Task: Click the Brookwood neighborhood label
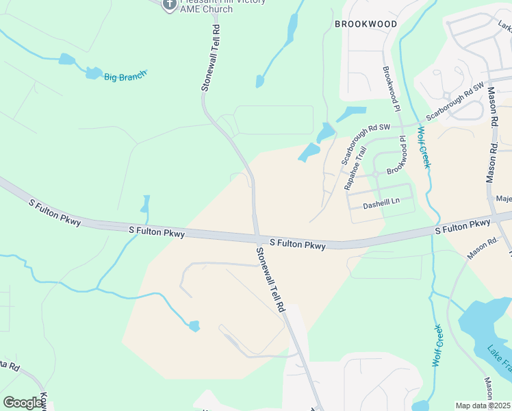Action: tap(366, 24)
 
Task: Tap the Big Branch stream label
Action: tap(125, 77)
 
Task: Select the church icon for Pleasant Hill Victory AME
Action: tap(169, 5)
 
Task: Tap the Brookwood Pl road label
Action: tap(391, 88)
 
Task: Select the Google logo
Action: tap(23, 403)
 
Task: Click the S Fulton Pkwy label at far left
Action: tap(55, 212)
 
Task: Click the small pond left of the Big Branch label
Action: tap(66, 60)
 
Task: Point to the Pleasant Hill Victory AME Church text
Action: tap(206, 6)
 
